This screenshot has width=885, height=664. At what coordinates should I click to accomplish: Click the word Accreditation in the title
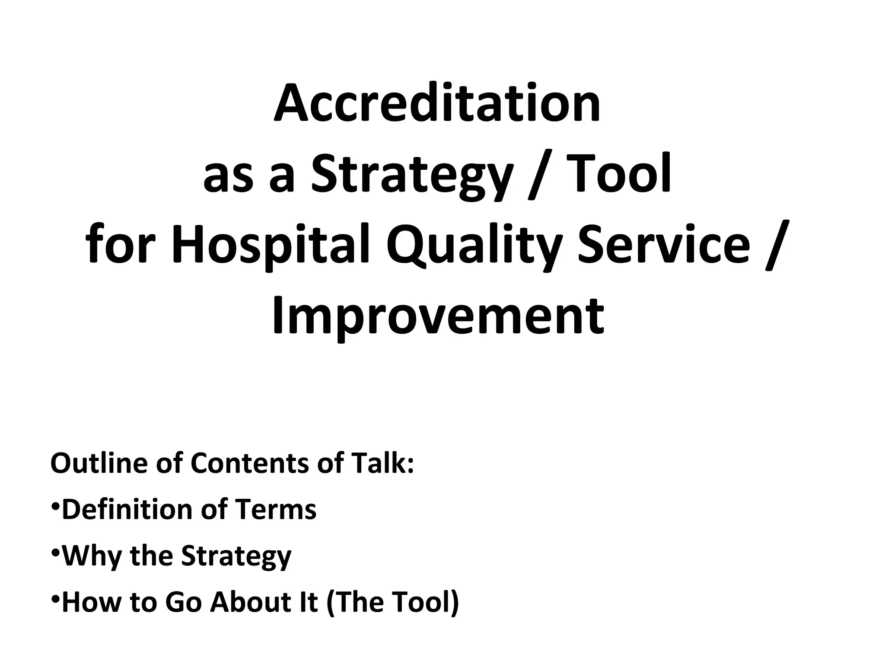click(437, 104)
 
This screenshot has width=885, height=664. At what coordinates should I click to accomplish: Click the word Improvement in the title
click(438, 316)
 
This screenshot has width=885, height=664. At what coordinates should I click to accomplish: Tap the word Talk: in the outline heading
click(382, 463)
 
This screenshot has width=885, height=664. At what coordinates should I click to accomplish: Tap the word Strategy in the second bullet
click(236, 557)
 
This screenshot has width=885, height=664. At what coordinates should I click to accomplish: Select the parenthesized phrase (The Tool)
click(392, 602)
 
